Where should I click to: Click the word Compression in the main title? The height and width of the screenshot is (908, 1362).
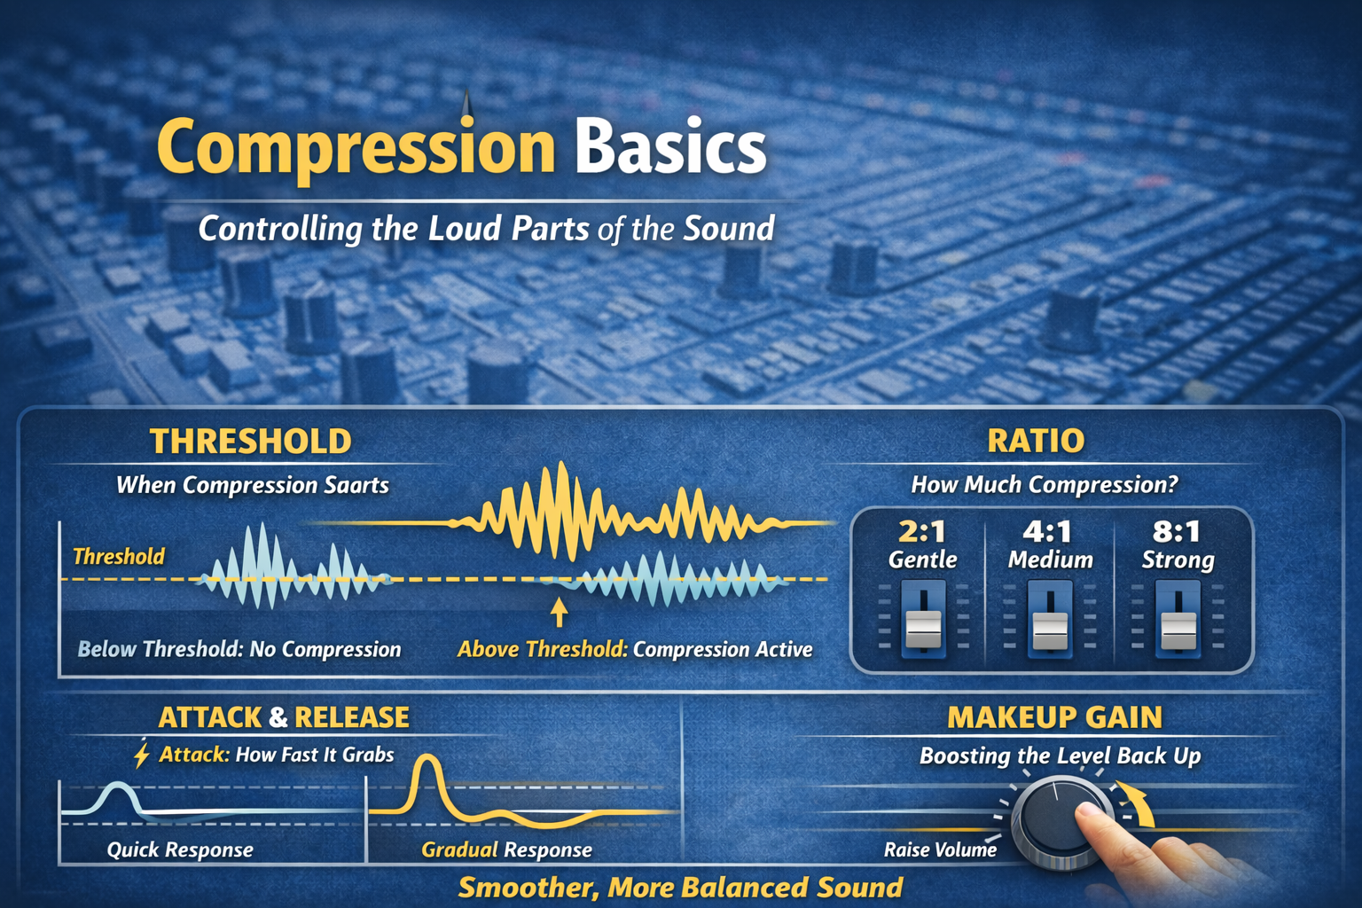click(356, 147)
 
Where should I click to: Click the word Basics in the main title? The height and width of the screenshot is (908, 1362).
click(669, 147)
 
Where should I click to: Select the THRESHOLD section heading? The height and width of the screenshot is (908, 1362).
click(251, 442)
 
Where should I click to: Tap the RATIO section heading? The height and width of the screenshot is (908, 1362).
click(1036, 441)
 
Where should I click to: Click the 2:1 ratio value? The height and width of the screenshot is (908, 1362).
click(922, 532)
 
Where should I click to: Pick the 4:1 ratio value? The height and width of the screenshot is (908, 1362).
click(1048, 532)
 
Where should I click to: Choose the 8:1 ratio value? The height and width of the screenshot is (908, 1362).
click(1177, 532)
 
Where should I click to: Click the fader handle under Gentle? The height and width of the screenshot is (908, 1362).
click(923, 628)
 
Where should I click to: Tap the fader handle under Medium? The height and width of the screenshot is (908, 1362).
click(1050, 629)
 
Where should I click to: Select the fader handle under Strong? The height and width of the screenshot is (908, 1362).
click(1178, 629)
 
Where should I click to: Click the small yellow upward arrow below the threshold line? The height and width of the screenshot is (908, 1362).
click(559, 613)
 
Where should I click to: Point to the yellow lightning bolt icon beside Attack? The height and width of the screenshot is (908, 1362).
click(141, 754)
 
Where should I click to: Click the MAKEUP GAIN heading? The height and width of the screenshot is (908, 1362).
click(1054, 717)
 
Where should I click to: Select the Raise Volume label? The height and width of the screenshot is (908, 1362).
click(940, 850)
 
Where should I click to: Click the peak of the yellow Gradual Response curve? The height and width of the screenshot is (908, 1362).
click(428, 758)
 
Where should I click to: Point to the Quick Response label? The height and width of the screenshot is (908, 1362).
click(180, 850)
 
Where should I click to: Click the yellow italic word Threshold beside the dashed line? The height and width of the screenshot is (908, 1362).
click(119, 557)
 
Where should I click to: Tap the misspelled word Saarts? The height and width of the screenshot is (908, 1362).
click(356, 485)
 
